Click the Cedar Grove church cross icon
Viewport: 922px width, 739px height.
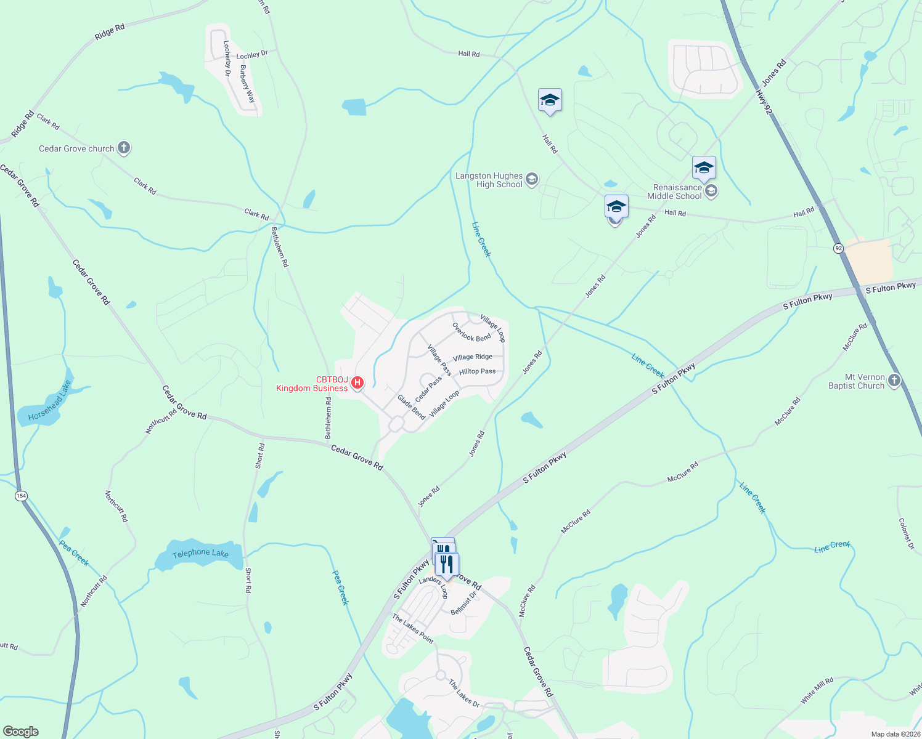(x=124, y=148)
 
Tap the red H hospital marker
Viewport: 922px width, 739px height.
(x=357, y=384)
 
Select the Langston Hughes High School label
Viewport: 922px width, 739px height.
(x=489, y=180)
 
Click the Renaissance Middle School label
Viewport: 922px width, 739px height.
(x=677, y=192)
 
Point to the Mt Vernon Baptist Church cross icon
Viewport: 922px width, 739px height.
(x=894, y=381)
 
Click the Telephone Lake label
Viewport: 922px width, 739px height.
(x=200, y=554)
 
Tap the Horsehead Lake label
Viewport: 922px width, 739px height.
(x=50, y=401)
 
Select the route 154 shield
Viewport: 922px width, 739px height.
(x=22, y=496)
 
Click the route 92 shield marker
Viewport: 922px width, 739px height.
(x=838, y=248)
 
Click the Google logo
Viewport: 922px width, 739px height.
(x=21, y=731)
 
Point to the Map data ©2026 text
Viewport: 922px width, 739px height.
(x=894, y=734)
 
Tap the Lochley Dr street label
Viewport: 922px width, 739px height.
(x=252, y=55)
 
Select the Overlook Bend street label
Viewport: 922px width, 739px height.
(x=471, y=333)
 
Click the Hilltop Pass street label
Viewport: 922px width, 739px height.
(x=477, y=371)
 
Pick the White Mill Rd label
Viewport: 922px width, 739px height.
(x=817, y=690)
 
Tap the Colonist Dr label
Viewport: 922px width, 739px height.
(x=905, y=533)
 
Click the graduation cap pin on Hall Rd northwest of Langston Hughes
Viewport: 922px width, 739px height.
(x=549, y=100)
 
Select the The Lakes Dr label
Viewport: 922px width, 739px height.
(x=463, y=693)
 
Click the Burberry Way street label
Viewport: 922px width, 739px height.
(x=247, y=84)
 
